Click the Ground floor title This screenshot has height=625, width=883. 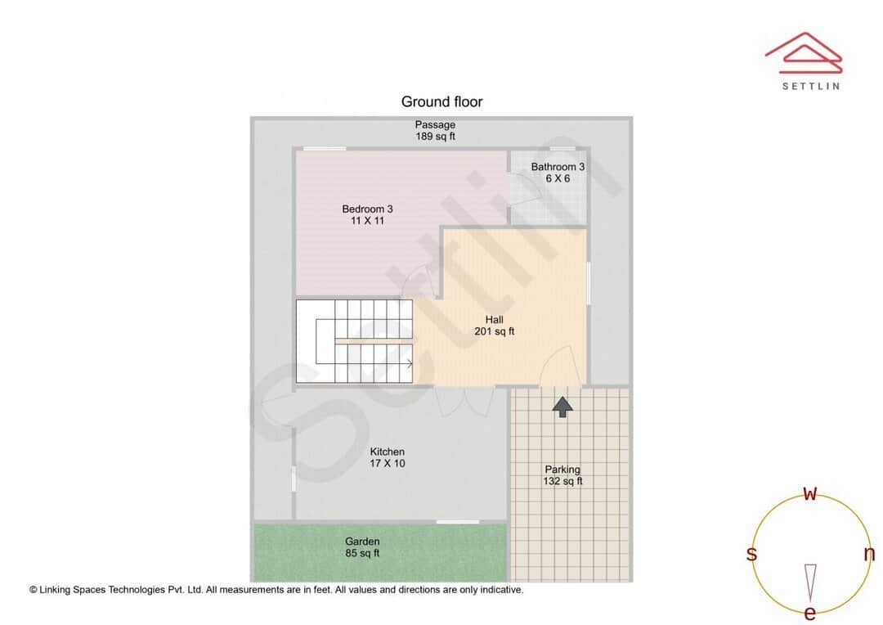441,102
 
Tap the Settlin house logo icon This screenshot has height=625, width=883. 803,50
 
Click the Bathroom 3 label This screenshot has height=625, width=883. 558,173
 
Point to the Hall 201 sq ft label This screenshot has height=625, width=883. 494,326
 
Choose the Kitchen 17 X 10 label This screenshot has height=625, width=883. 388,457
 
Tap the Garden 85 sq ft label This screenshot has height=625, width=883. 362,547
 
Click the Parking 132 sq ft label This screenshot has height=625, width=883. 563,475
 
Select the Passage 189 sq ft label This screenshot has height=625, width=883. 435,131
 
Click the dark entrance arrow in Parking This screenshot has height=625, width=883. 563,406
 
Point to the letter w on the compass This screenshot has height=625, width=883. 810,493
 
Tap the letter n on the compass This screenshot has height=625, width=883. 869,554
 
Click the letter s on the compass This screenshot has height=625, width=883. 751,554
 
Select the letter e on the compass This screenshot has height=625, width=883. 810,613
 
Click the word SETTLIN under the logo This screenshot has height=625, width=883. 810,85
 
